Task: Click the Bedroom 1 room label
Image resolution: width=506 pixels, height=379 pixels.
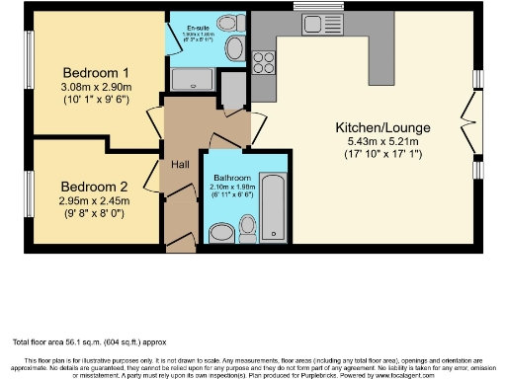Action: [x=96, y=73]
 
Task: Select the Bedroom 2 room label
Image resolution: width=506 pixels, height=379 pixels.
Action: [x=94, y=187]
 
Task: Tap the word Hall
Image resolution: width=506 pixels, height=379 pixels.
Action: [x=181, y=164]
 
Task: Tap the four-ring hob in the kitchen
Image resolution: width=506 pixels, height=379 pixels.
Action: [x=265, y=63]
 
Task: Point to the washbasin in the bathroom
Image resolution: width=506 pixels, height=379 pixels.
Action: [x=221, y=230]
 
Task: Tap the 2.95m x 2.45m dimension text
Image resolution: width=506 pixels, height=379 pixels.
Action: [x=94, y=202]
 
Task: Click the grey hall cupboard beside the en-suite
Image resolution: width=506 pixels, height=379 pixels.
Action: [x=234, y=92]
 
